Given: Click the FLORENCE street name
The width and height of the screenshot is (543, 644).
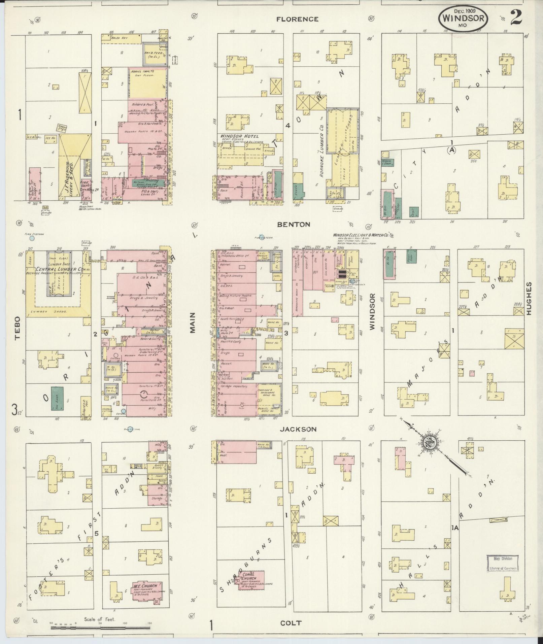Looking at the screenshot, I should [297, 20].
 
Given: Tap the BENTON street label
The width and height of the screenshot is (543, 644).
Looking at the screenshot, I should [294, 225].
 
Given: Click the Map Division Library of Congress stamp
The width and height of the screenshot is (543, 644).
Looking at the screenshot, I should [503, 564].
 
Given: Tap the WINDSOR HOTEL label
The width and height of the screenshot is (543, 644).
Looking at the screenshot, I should [239, 136].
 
